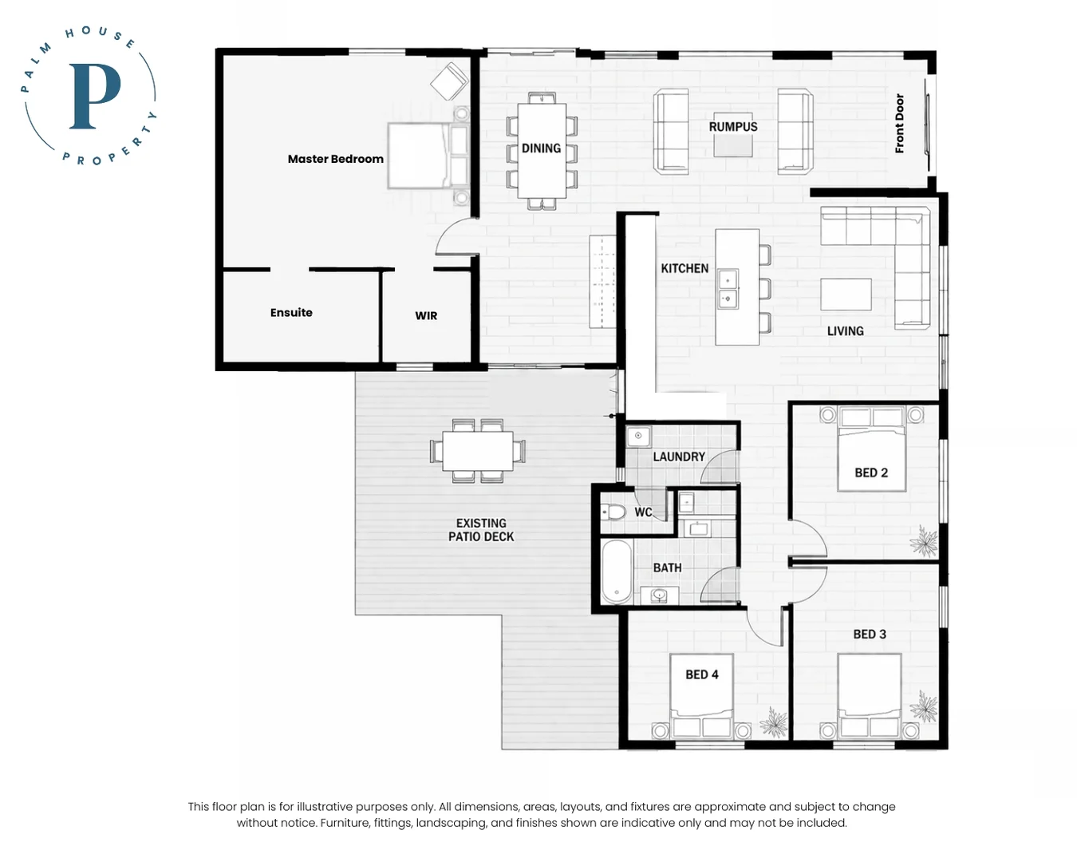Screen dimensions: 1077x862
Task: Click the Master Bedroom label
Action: coord(335,159)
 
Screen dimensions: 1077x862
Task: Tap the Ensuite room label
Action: coord(291,313)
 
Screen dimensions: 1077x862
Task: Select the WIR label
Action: coord(426,315)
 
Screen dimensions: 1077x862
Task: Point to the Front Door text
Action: coord(899,123)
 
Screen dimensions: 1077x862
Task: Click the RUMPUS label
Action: coord(733,127)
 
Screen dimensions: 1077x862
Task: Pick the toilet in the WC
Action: coord(613,512)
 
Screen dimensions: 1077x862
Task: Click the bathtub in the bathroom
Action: coord(617,571)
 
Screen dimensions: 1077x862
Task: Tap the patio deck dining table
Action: coord(477,451)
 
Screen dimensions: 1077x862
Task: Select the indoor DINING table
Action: coord(542,150)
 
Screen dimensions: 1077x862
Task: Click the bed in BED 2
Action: coord(871,449)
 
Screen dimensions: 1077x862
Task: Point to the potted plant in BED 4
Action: coord(774,722)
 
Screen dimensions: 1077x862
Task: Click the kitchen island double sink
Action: coord(728,288)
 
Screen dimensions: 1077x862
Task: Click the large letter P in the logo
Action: coord(95,96)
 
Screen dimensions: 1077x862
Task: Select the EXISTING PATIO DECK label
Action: coord(481,530)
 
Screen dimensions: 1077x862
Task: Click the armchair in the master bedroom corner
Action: coord(449,81)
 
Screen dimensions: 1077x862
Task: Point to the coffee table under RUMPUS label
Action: coord(732,140)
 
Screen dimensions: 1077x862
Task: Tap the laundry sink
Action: coord(638,437)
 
